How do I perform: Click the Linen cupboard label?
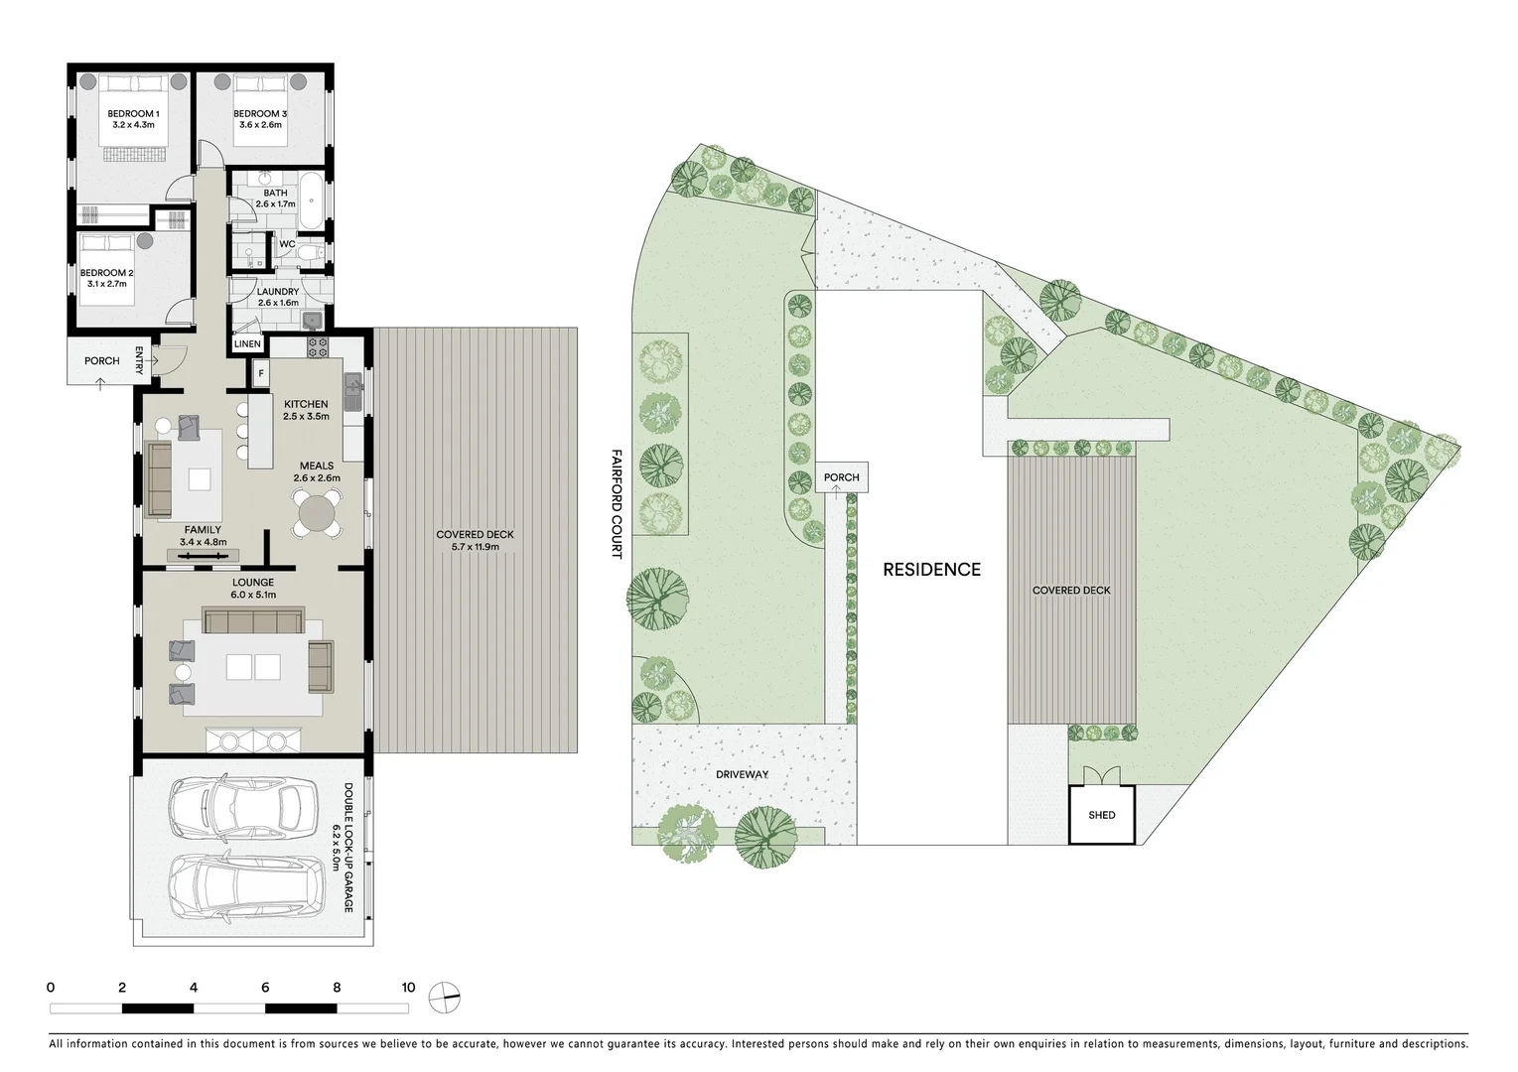(247, 344)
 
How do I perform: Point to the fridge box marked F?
(261, 373)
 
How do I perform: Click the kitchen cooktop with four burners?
(318, 347)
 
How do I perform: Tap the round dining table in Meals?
(317, 515)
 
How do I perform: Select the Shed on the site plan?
(1101, 815)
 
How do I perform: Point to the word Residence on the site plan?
(931, 570)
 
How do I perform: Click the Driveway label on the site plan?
(741, 774)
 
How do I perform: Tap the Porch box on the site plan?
(841, 477)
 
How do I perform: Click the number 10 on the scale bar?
(408, 988)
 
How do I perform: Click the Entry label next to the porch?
(140, 360)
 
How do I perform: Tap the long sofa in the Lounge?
(253, 622)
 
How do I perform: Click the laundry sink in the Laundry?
(312, 319)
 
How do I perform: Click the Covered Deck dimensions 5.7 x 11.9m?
(475, 547)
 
